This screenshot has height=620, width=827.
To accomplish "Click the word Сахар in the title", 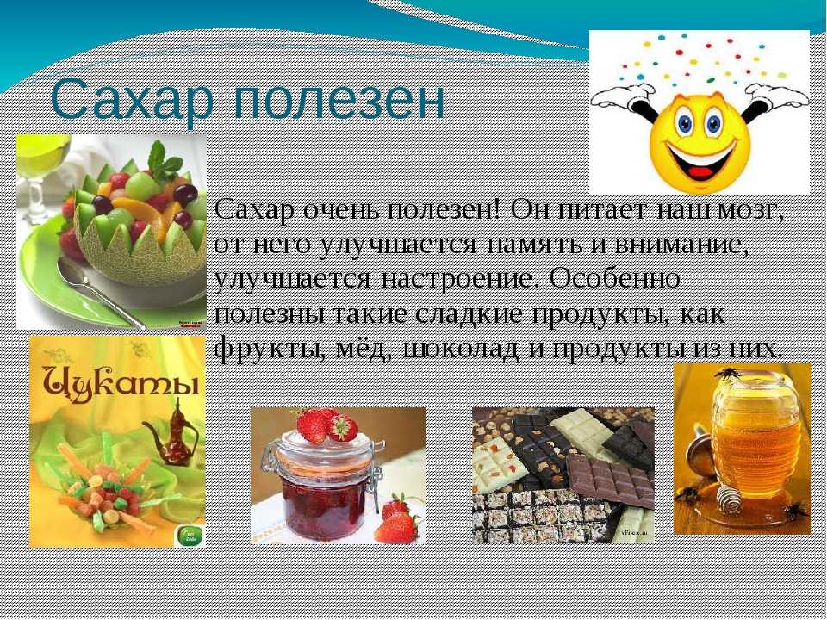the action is coord(133,100).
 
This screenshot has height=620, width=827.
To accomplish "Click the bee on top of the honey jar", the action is coord(728,374).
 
